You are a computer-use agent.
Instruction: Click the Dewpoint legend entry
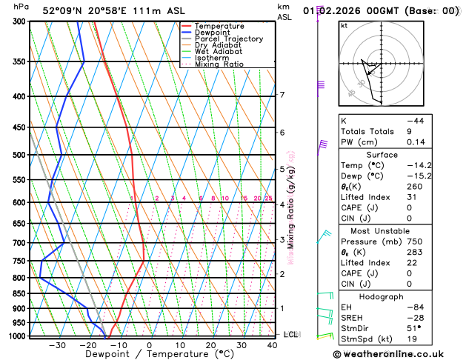coord(212,33)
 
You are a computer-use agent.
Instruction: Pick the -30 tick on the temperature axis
coord(57,345)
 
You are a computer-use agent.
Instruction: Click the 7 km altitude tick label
coord(282,95)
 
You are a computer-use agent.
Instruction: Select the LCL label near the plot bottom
coord(290,335)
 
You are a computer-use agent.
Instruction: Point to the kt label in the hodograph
coord(344,25)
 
